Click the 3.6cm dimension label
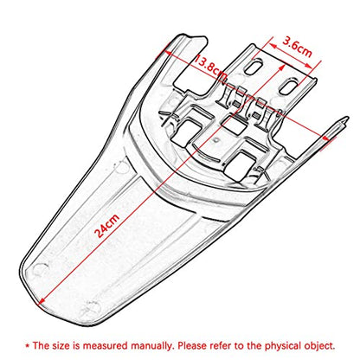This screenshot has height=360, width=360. coord(298,47)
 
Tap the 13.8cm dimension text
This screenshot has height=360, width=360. coord(211,68)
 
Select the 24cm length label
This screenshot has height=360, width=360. coord(107,226)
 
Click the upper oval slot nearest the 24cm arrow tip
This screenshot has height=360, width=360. coord(254,67)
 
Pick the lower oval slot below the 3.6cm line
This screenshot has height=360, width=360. coord(289,87)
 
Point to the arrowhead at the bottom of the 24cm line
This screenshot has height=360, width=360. coord(42,300)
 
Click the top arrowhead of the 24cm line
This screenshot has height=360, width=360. coord(281,68)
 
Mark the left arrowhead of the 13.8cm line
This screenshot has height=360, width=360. coord(167,52)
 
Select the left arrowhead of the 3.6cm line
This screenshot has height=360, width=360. coord(272,45)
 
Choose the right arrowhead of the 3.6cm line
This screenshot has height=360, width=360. coord(309,66)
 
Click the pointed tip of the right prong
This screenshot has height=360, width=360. coord(346,119)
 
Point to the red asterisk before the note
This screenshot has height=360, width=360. coord(28,345)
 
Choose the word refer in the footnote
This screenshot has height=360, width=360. coord(222,345)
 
